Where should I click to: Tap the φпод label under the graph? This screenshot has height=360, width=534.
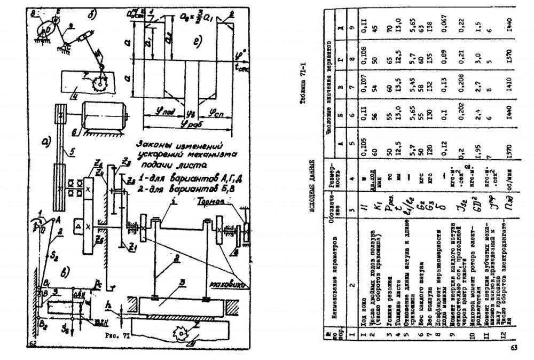tap(155, 112)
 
